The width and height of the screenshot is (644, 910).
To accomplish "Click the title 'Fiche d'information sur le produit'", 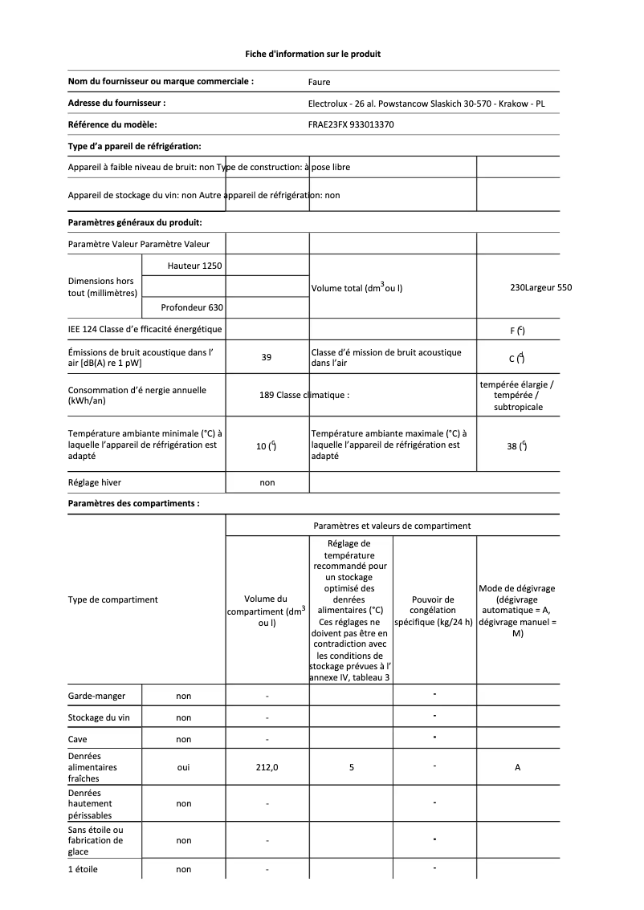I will [x=312, y=54].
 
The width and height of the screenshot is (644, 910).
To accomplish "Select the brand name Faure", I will [x=319, y=82].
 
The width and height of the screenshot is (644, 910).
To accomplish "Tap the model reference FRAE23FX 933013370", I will [x=351, y=124].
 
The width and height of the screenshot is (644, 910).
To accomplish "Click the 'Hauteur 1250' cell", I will [x=195, y=265].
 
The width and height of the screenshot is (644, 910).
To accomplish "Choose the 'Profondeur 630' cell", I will [x=192, y=307].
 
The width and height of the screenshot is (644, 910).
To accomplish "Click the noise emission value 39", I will [x=267, y=358].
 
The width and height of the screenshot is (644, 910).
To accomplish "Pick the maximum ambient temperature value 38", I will [x=512, y=446].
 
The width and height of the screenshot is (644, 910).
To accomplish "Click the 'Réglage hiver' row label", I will [x=95, y=482].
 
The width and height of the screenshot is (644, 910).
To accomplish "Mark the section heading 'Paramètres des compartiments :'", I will [x=133, y=504].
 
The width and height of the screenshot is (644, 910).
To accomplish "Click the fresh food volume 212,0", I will [x=267, y=767].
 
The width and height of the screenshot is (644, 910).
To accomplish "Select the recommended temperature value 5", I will [x=352, y=767].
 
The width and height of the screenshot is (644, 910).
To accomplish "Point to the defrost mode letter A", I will [x=517, y=767].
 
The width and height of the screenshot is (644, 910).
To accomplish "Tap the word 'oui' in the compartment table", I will [x=183, y=767].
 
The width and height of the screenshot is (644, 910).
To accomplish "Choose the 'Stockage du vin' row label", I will [x=99, y=717].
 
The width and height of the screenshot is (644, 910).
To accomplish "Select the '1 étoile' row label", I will [x=83, y=869].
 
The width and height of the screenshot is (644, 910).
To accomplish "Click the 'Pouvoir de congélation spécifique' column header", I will [x=433, y=611].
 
